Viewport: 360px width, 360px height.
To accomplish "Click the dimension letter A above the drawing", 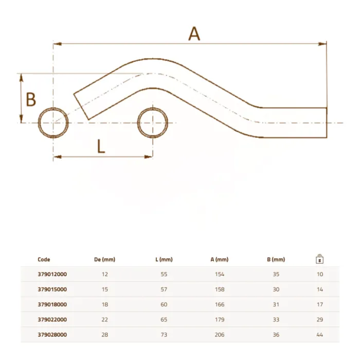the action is point(194,34).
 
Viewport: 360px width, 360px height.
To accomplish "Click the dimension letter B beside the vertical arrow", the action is point(31,99).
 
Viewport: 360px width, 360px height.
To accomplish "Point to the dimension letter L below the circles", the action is point(101,146).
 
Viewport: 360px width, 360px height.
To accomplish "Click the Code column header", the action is point(44,259).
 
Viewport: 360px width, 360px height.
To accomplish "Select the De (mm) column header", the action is point(105,259).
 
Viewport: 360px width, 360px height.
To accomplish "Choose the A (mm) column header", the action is point(220,259).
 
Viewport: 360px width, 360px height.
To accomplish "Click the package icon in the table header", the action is point(319,259).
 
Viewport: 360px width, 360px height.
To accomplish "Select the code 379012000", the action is point(52,274).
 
